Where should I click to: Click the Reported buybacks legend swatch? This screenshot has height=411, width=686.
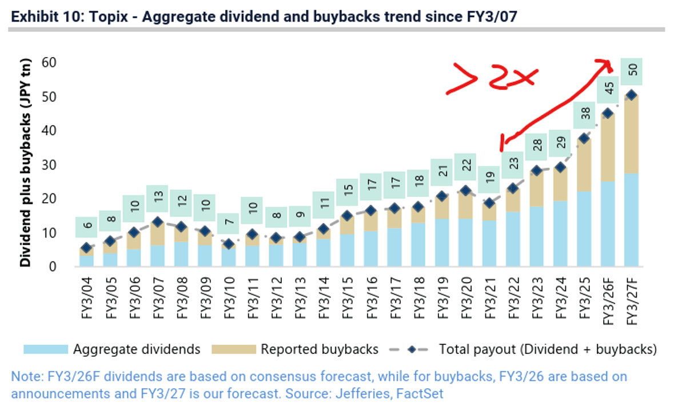click(x=232, y=349)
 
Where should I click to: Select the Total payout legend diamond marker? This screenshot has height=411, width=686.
click(x=410, y=349)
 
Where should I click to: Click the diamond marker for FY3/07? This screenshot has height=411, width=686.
click(x=158, y=222)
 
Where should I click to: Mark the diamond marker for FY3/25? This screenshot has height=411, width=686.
click(x=584, y=139)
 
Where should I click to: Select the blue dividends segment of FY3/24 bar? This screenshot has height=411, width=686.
click(x=560, y=234)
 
